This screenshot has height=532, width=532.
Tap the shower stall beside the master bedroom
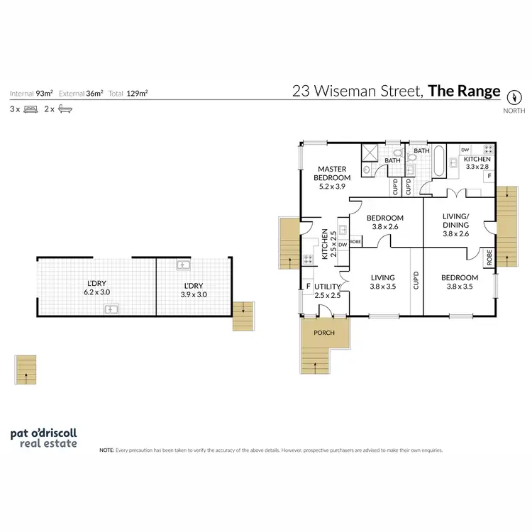tap(370, 153)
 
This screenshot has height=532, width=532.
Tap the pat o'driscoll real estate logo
tap(43, 438)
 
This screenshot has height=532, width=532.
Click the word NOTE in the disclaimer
tap(106, 450)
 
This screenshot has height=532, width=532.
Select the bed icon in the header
tap(30, 109)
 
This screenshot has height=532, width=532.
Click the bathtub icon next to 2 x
tap(65, 109)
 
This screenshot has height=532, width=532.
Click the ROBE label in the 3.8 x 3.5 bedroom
tap(489, 257)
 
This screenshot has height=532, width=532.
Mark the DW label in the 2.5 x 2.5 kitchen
tap(342, 245)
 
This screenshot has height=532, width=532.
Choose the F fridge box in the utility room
tap(308, 287)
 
